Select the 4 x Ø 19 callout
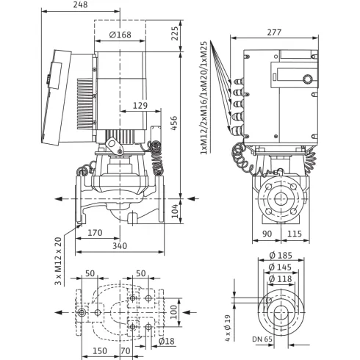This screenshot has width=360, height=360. [228, 328]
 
